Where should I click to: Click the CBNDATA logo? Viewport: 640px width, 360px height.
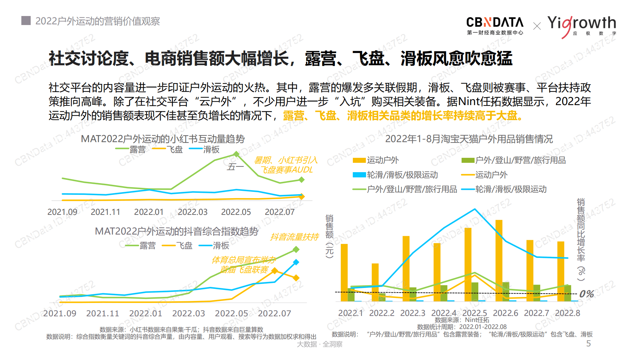pyautogui.click(x=495, y=25)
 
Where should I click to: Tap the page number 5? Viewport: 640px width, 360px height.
pyautogui.click(x=588, y=344)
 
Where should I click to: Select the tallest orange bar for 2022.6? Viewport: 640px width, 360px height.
pyautogui.click(x=499, y=260)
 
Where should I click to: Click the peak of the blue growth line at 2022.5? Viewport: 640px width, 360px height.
pyautogui.click(x=475, y=209)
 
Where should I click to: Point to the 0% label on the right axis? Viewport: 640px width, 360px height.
pyautogui.click(x=586, y=294)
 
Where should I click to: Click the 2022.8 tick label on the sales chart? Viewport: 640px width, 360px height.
pyautogui.click(x=567, y=313)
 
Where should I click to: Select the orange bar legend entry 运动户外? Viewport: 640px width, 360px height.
pyautogui.click(x=376, y=160)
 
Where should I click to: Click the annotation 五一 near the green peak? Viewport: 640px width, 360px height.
pyautogui.click(x=235, y=166)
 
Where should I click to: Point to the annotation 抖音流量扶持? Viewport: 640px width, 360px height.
pyautogui.click(x=294, y=237)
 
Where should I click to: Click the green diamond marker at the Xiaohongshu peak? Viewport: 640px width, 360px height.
pyautogui.click(x=236, y=154)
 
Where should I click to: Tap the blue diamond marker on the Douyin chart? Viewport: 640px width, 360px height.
pyautogui.click(x=296, y=262)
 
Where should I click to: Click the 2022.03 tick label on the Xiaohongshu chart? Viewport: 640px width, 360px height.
pyautogui.click(x=192, y=212)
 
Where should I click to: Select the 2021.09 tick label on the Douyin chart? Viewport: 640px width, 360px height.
pyautogui.click(x=60, y=313)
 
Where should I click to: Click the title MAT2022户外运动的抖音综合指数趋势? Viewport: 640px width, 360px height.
pyautogui.click(x=176, y=231)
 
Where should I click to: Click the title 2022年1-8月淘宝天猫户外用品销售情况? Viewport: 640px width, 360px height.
pyautogui.click(x=469, y=139)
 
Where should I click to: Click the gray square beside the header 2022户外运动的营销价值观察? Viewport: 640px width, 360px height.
pyautogui.click(x=26, y=21)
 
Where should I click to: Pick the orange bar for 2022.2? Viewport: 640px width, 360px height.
pyautogui.click(x=375, y=282)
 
